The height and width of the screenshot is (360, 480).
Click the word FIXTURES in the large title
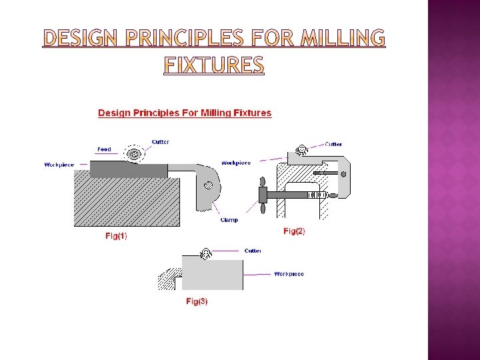214,65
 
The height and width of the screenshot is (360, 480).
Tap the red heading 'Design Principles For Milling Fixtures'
185,113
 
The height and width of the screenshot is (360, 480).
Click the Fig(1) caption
116,235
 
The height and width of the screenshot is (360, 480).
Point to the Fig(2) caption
294,231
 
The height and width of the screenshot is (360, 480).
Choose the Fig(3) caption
197,301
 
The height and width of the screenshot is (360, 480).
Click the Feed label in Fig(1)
104,149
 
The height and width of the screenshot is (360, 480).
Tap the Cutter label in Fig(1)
161,141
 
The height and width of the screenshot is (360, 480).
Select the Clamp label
229,219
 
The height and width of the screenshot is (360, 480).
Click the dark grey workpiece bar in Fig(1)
129,170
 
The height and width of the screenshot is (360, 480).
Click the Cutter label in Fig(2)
333,143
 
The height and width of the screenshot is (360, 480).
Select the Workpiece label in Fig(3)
289,274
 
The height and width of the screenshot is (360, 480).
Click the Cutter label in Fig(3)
253,251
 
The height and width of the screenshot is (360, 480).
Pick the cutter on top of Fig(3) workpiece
206,253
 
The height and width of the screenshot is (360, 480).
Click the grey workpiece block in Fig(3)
212,274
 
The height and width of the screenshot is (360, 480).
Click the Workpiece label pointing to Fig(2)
235,163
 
